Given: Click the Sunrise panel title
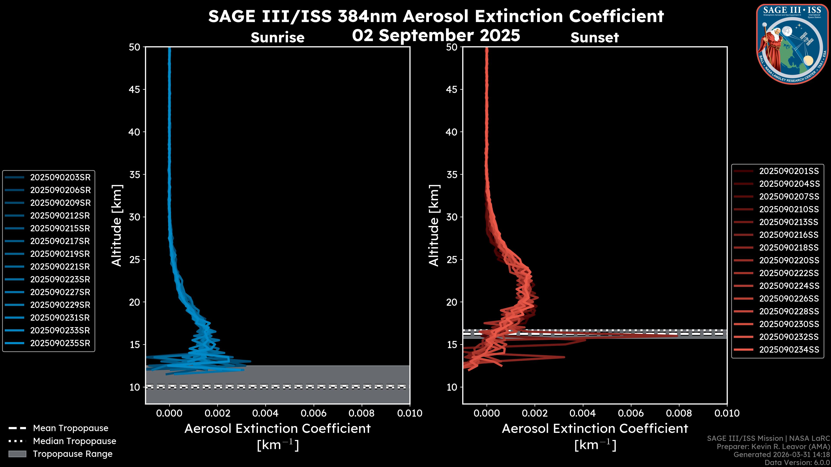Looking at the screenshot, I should pyautogui.click(x=277, y=37).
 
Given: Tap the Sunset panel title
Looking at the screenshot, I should pyautogui.click(x=594, y=37).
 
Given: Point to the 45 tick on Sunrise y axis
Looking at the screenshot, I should pyautogui.click(x=135, y=89).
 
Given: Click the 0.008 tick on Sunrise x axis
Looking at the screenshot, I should pyautogui.click(x=362, y=413).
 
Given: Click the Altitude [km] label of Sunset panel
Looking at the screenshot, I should pyautogui.click(x=434, y=225).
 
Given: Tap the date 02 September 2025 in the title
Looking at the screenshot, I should pyautogui.click(x=436, y=35).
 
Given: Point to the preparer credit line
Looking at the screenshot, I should pyautogui.click(x=773, y=446).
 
